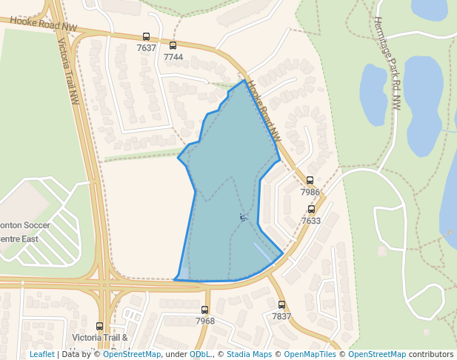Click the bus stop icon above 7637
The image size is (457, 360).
tap(146, 37)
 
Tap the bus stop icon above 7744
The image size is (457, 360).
tap(173, 46)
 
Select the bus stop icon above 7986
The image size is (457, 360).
tap(310, 181)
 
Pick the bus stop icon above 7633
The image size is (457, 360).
tap(311, 210)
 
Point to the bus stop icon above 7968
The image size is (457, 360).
tap(204, 310)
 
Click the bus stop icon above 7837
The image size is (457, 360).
tap(281, 304)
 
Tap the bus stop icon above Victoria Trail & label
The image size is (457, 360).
tap(100, 326)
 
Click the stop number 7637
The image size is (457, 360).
tap(147, 48)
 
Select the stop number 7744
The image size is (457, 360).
tap(173, 57)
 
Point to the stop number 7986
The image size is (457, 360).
tap(310, 192)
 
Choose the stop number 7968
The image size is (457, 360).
tap(205, 321)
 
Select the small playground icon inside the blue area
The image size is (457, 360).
tap(243, 217)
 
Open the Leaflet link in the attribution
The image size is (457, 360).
tap(42, 355)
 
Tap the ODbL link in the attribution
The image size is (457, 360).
tap(199, 355)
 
